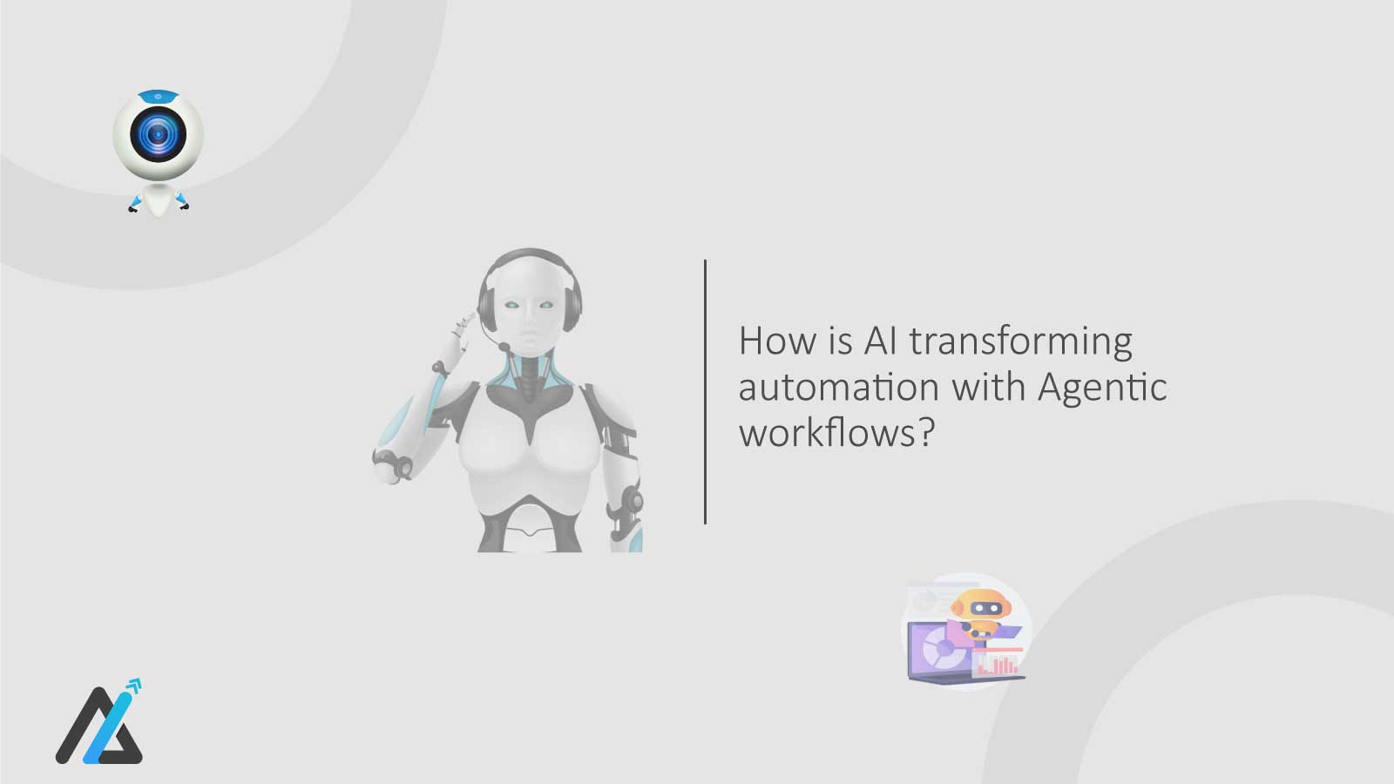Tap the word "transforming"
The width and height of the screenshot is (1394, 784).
[x=1020, y=342]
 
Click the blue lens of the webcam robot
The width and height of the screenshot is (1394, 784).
[x=158, y=135]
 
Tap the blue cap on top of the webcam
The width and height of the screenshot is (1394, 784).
[x=158, y=94]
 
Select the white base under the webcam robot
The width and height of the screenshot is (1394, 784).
[x=158, y=199]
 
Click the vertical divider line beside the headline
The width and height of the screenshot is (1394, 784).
[x=705, y=392]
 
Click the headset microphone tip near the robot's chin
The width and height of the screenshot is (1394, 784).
[x=504, y=347]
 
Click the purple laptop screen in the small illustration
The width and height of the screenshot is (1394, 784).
[x=937, y=648]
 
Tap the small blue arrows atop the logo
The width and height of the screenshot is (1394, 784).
[x=132, y=688]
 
